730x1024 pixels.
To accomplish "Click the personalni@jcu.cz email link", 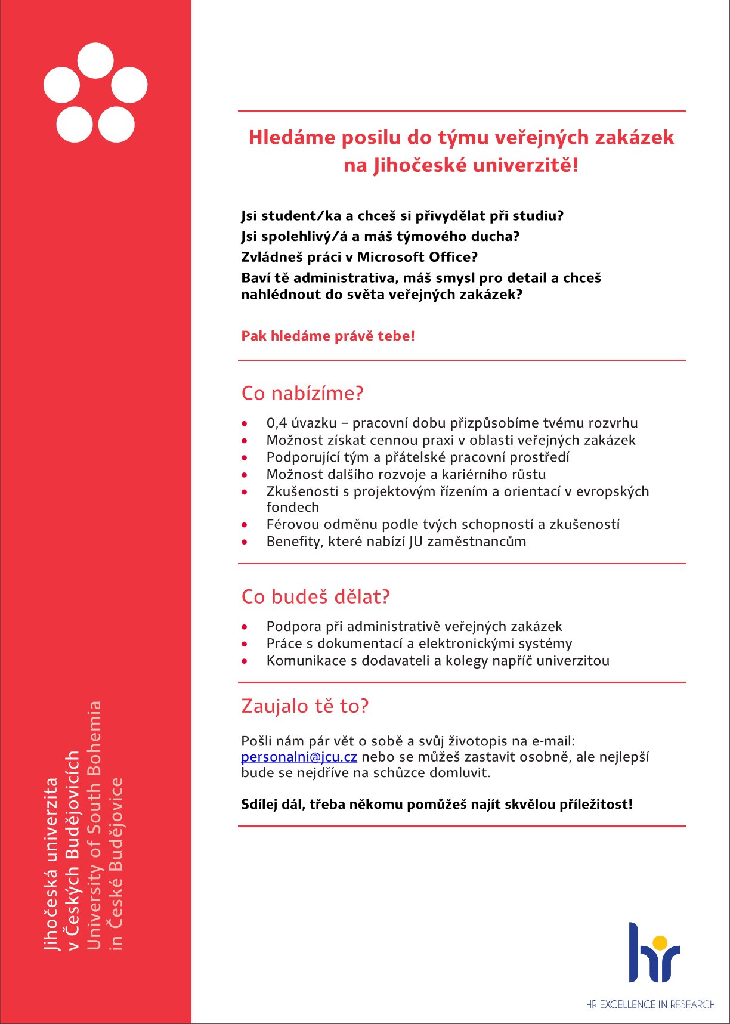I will pyautogui.click(x=299, y=757).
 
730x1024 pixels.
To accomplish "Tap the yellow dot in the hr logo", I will pyautogui.click(x=660, y=942).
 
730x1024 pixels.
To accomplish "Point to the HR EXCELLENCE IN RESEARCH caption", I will pyautogui.click(x=650, y=1005).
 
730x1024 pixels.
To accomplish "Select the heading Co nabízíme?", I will pyautogui.click(x=302, y=394).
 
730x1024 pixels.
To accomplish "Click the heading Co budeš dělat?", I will pyautogui.click(x=315, y=597).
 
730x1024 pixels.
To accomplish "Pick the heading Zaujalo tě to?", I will pyautogui.click(x=305, y=706).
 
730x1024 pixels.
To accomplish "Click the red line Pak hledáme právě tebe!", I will pyautogui.click(x=328, y=336).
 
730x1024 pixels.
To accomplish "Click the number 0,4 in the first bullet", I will pyautogui.click(x=277, y=423).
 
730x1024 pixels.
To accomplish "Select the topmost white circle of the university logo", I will pyautogui.click(x=95, y=61).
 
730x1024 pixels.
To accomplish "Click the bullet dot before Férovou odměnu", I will pyautogui.click(x=245, y=525).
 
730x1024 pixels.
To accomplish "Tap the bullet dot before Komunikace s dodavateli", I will pyautogui.click(x=245, y=661).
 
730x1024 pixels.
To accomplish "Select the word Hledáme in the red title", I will pyautogui.click(x=292, y=138).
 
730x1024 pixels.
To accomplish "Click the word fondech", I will pyautogui.click(x=293, y=508).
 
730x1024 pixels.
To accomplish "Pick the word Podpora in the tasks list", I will pyautogui.click(x=293, y=627).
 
